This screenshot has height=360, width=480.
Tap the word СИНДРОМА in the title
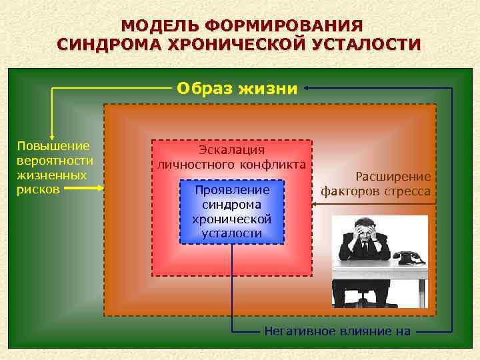(111, 45)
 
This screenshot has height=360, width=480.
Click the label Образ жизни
(237, 88)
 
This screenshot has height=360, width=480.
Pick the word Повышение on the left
(53, 146)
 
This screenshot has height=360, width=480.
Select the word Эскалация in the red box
(232, 150)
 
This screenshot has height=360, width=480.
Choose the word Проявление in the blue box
(232, 190)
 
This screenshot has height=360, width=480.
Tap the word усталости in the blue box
(232, 233)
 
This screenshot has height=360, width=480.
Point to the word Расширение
(393, 177)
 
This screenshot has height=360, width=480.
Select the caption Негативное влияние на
(337, 331)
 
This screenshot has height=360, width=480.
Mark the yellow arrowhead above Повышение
(52, 135)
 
